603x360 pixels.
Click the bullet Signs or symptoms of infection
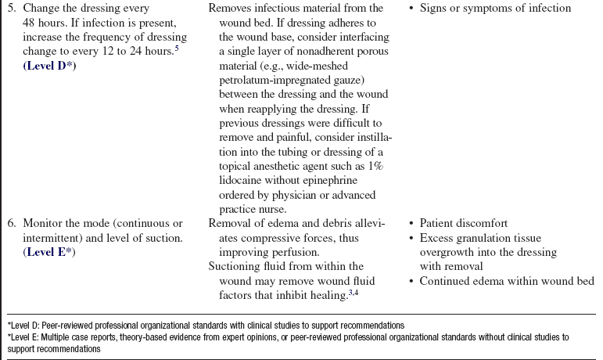coord(501,9)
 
